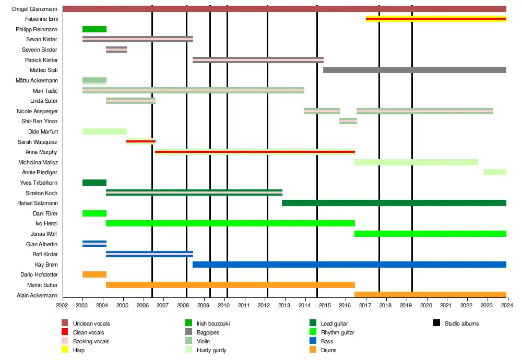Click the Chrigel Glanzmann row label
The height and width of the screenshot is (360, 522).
click(34, 9)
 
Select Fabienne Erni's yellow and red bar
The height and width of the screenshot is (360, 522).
click(436, 19)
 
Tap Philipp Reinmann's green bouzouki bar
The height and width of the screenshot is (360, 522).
click(94, 29)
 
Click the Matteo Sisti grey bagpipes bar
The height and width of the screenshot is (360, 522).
click(414, 70)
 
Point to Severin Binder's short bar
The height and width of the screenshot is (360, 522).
click(116, 50)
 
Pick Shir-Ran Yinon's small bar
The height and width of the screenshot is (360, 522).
click(348, 121)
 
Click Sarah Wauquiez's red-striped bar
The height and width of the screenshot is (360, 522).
click(141, 141)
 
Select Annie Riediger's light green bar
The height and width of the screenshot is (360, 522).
click(495, 172)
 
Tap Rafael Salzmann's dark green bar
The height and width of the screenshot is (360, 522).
click(394, 203)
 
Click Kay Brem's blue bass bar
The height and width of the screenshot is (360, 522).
click(349, 265)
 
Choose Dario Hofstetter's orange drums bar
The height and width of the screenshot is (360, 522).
click(94, 274)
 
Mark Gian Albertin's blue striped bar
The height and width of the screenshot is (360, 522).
click(94, 244)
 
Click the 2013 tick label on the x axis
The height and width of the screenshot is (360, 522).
click(284, 305)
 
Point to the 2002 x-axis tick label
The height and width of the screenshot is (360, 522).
click(62, 305)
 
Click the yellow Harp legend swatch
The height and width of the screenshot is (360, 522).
click(65, 350)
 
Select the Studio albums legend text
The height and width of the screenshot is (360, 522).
click(461, 323)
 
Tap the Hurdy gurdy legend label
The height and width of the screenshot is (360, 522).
click(211, 350)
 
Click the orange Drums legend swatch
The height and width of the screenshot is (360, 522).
click(313, 350)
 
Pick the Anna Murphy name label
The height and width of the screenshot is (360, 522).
click(41, 152)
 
